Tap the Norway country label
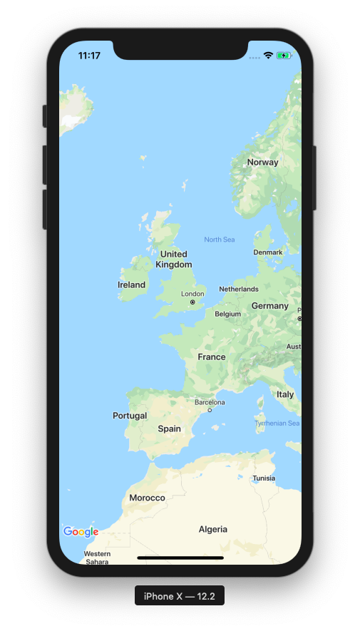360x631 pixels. (262, 163)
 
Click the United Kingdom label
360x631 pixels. (174, 259)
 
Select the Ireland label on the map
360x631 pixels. (131, 284)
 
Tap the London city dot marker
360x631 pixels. (192, 302)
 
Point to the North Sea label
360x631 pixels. (219, 240)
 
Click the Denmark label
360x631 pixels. (268, 252)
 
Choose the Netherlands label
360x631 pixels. (239, 289)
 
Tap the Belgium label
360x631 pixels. (228, 314)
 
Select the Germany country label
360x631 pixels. (269, 306)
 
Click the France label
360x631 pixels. (212, 356)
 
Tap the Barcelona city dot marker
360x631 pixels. (210, 410)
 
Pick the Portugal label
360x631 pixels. (130, 416)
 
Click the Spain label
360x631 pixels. (169, 429)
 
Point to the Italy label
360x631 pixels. (285, 394)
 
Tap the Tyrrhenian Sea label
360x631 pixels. (277, 424)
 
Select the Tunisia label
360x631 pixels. (264, 478)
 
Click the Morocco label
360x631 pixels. (147, 498)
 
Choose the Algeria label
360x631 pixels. (213, 529)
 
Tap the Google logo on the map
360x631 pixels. (81, 531)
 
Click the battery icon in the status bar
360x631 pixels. (284, 56)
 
